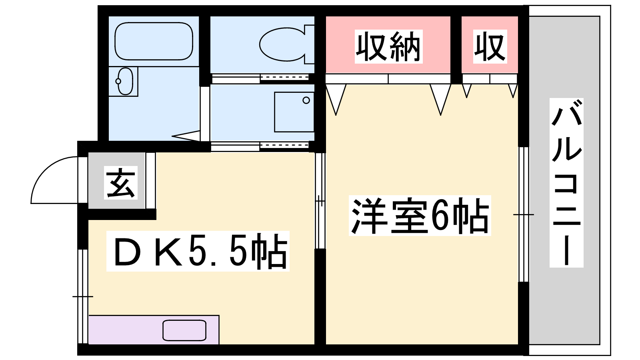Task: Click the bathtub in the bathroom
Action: click(x=154, y=41)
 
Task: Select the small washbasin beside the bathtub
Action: click(x=126, y=81)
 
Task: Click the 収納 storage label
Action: click(x=388, y=46)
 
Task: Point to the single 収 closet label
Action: click(x=490, y=46)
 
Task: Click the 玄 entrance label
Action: click(x=120, y=182)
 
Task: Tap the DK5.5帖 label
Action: click(x=198, y=251)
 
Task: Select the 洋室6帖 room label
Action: click(x=420, y=216)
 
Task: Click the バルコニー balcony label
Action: click(x=566, y=183)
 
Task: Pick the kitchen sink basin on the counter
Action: click(x=184, y=330)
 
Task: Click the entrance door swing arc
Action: click(x=54, y=180)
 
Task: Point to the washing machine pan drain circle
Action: click(x=306, y=100)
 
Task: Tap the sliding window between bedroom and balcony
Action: click(x=524, y=214)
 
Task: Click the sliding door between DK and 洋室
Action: click(x=320, y=201)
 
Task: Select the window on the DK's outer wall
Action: click(x=83, y=296)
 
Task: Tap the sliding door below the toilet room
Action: click(x=260, y=146)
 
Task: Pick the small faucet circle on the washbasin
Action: click(x=118, y=82)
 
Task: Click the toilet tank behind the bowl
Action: click(x=310, y=44)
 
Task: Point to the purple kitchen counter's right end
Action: click(x=219, y=330)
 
